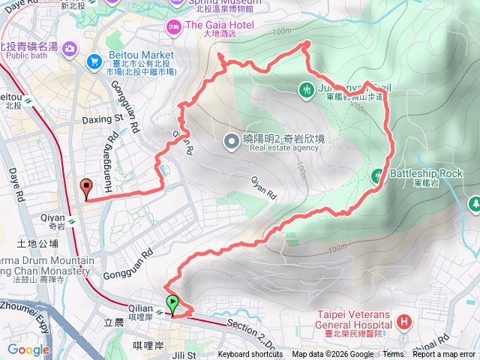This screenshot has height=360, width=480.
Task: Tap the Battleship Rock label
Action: (x=416, y=174)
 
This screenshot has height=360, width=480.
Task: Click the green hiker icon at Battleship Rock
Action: (x=378, y=175)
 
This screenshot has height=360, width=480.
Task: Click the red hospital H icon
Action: (x=405, y=322)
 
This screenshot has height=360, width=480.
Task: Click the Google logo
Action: (x=28, y=349)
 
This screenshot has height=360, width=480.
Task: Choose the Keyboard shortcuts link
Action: (x=251, y=355)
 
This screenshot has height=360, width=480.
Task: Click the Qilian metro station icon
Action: (x=159, y=306)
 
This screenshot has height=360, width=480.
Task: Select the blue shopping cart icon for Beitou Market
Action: (x=94, y=61)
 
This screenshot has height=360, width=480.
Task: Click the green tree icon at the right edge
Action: (x=473, y=203)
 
